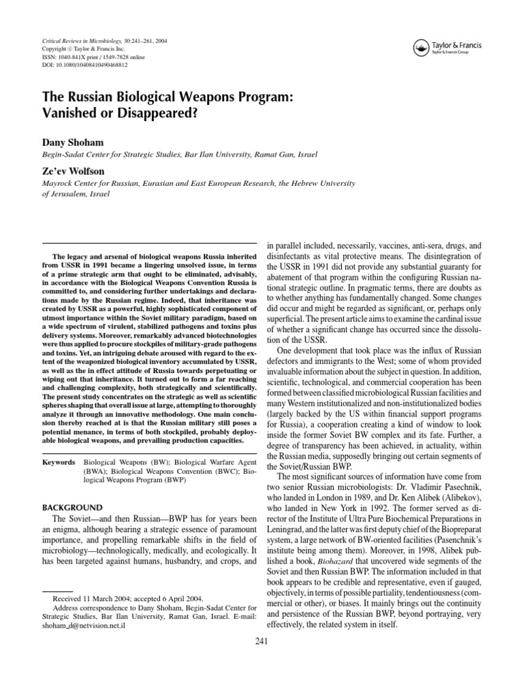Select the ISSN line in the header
(x=89, y=58)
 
